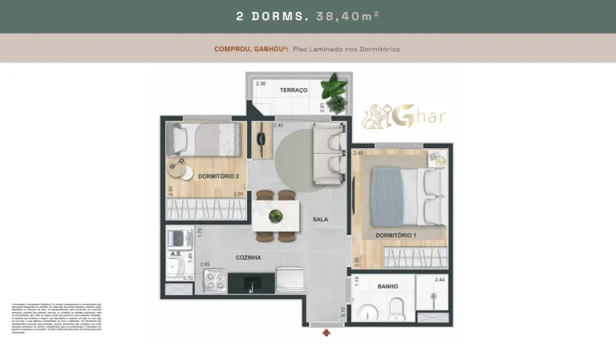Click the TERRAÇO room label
click(294, 91)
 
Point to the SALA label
click(320, 219)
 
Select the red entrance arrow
click(326, 334)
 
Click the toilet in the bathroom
click(395, 309)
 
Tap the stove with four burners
click(215, 281)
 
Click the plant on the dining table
click(276, 215)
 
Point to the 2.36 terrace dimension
click(261, 83)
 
